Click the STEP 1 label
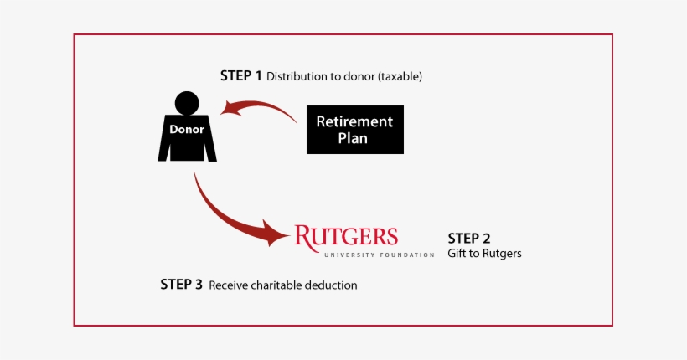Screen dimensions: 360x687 click(x=241, y=76)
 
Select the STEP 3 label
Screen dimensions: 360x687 click(x=181, y=285)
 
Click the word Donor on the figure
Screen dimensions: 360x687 click(x=186, y=130)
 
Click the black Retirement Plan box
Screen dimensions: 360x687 click(x=354, y=130)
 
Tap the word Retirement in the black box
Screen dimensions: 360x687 click(x=354, y=121)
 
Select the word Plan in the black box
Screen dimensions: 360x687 click(x=354, y=138)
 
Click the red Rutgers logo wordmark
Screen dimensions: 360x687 click(x=346, y=235)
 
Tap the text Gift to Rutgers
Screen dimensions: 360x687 click(x=484, y=254)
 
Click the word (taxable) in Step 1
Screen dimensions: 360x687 click(x=400, y=77)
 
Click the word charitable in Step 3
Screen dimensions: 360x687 click(x=276, y=285)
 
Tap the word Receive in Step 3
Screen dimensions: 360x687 click(x=227, y=285)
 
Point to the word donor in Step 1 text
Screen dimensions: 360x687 click(x=359, y=77)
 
